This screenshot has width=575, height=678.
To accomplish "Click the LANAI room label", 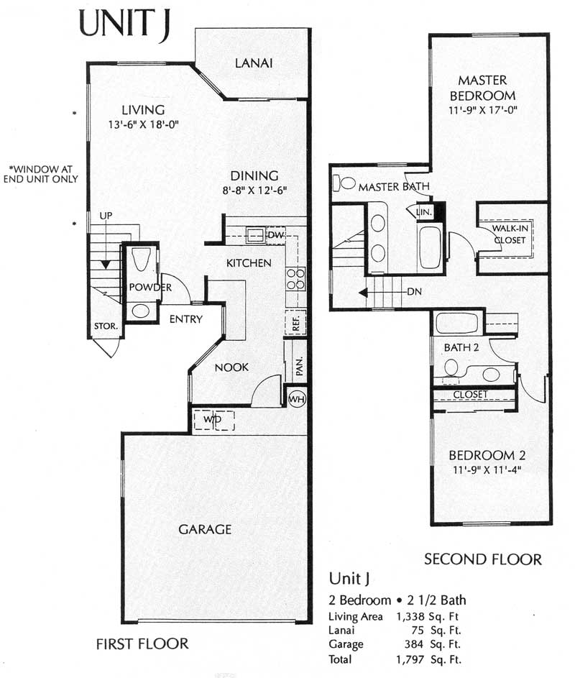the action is (x=254, y=63).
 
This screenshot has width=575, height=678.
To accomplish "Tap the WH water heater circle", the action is (x=297, y=398).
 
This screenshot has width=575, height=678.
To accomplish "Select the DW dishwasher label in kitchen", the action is (x=275, y=235).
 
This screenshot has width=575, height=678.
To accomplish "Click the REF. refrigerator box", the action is (x=295, y=322).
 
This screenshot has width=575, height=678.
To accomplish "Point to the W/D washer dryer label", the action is (x=212, y=419).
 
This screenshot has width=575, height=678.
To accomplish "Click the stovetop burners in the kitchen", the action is (x=295, y=278).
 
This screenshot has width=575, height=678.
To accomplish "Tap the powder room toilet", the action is (x=140, y=259).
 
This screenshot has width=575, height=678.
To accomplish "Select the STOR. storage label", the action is (x=106, y=326).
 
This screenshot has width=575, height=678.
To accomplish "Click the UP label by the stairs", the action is (x=106, y=216).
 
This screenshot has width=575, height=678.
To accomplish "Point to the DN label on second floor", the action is (x=414, y=291).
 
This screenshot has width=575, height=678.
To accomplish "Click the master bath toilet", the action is (x=344, y=183).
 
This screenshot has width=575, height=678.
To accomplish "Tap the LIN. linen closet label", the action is (x=423, y=212).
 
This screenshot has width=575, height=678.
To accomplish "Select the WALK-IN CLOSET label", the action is (x=510, y=234).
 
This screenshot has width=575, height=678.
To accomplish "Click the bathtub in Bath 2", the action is (x=456, y=324).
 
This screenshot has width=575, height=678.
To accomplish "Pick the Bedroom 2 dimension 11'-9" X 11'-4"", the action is (x=487, y=469).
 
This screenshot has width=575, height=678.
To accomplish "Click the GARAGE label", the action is (x=205, y=529).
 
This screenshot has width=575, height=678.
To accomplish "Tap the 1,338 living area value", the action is (x=410, y=616).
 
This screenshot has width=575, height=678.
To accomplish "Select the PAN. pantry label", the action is (x=299, y=366).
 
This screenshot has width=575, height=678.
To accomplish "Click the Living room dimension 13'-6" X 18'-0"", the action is (x=143, y=124).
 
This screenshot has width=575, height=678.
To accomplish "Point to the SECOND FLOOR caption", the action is (x=482, y=559).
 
